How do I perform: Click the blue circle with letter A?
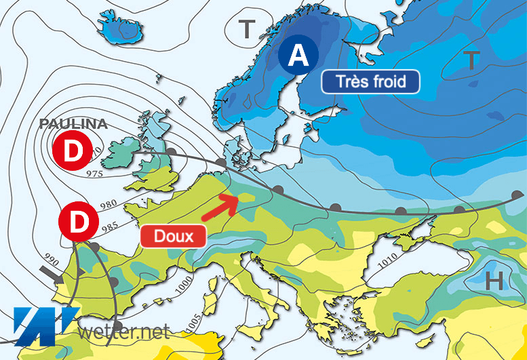tap(298, 56)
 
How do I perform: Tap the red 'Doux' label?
tap(173, 236)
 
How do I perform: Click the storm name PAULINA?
tap(73, 124)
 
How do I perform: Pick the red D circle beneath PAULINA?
tap(72, 153)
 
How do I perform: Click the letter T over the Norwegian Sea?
tap(248, 29)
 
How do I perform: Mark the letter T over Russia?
tap(472, 60)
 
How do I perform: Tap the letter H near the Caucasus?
tap(494, 279)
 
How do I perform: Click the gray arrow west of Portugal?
tap(52, 273)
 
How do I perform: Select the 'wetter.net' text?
tap(123, 332)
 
